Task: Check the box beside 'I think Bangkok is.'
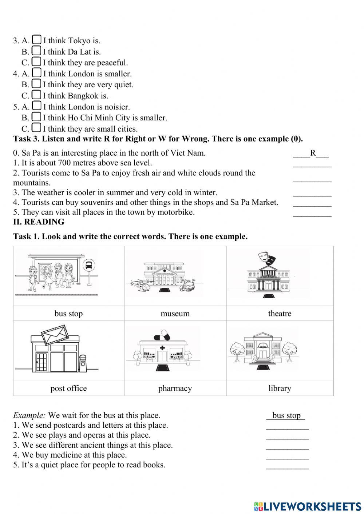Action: point(36,95)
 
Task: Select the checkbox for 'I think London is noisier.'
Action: point(36,105)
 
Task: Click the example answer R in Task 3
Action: point(313,153)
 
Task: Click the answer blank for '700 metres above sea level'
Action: point(312,163)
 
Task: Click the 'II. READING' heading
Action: point(39,222)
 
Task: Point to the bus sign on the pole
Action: point(89,266)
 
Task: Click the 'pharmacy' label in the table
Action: point(175,388)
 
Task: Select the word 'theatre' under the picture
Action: point(280,313)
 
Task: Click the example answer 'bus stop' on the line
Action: point(286,415)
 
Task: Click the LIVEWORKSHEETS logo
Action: point(308,506)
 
